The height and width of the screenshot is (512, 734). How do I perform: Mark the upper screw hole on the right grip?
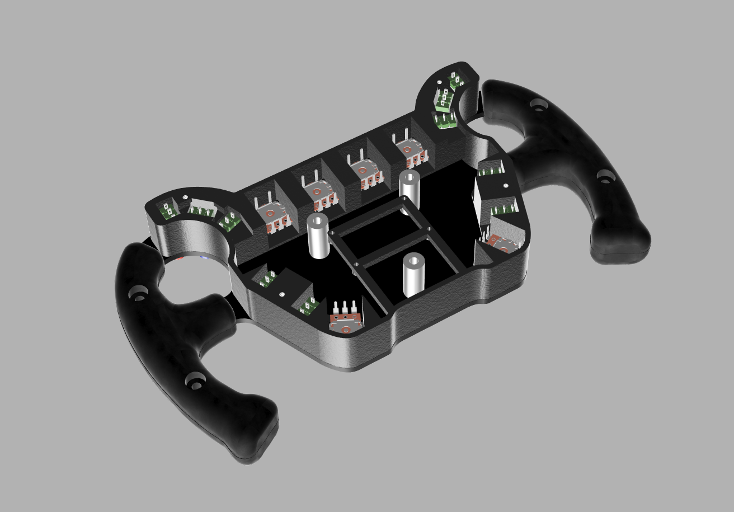point(539,104)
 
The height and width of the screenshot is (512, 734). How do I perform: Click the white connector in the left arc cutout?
point(199,209)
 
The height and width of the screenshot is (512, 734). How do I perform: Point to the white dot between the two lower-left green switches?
point(282,293)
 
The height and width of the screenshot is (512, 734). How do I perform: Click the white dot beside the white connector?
point(185,198)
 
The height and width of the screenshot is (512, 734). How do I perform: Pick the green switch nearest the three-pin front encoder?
point(308,306)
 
